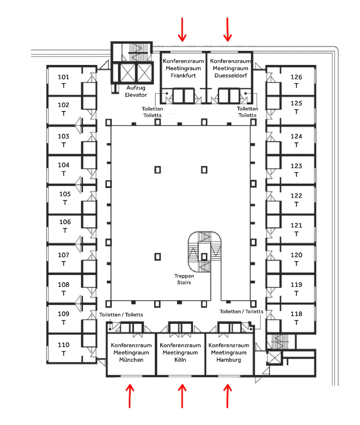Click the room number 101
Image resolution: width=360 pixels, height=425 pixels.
[63, 77]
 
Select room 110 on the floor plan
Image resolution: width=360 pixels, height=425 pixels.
[63, 345]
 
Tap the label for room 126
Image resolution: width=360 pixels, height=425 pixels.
[296, 77]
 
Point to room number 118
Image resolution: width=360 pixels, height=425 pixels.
[296, 314]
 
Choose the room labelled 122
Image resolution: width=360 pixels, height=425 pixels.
[296, 196]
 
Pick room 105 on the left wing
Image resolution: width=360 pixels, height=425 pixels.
[65, 194]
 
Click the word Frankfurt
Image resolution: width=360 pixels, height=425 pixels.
[183, 76]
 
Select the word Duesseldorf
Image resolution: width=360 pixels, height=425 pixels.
[230, 76]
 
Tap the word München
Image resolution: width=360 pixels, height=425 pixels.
[131, 360]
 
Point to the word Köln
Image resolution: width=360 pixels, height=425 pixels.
[180, 360]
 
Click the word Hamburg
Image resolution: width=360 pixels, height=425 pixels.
[229, 360]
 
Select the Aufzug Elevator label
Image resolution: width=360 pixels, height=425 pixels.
[136, 91]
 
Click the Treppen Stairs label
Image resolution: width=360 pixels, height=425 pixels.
[184, 279]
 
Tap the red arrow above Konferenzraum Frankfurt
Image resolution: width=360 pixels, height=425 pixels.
[182, 30]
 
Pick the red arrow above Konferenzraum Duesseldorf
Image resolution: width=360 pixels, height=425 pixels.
[228, 30]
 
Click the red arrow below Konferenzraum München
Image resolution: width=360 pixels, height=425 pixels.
[130, 396]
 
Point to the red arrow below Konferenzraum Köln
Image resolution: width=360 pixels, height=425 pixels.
[182, 396]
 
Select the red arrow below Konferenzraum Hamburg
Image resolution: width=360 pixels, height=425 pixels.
[228, 396]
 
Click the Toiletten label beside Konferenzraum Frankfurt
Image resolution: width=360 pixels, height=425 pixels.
[152, 112]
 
